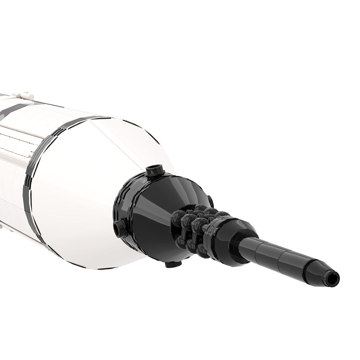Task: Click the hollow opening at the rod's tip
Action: [x=334, y=278]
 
